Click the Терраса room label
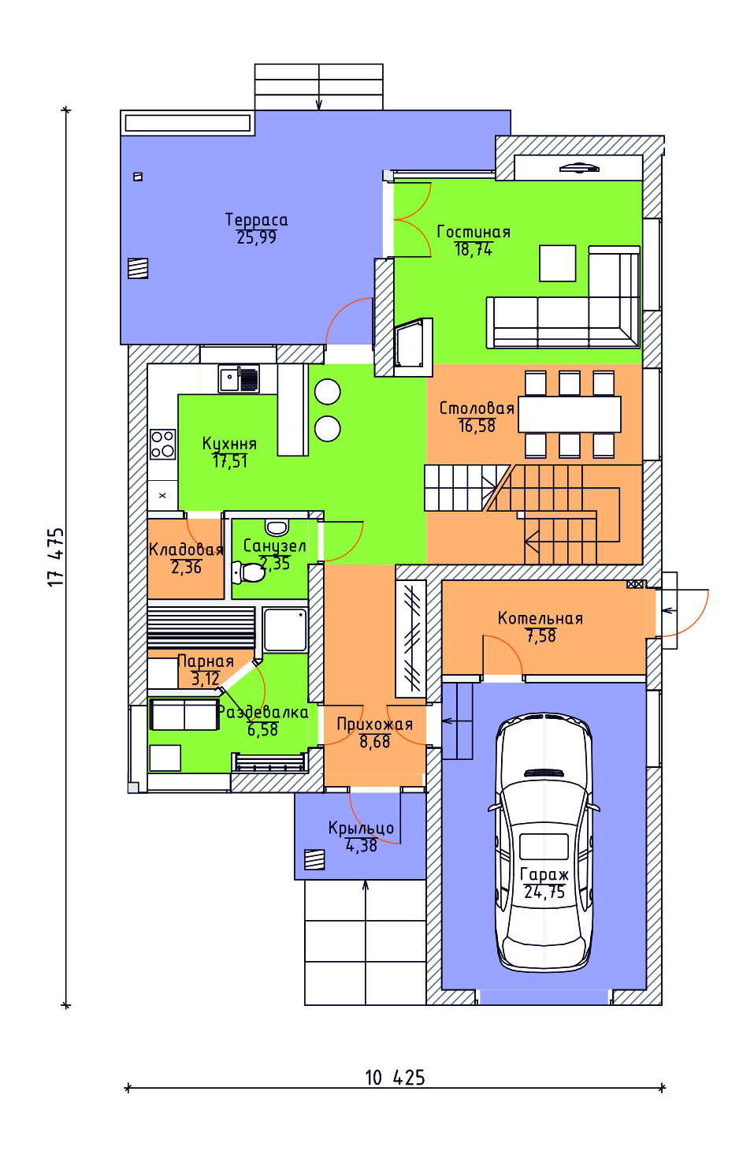(256, 220)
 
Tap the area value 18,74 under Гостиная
(473, 250)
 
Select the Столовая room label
(477, 408)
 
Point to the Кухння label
(229, 444)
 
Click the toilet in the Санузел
(248, 572)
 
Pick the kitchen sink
(238, 378)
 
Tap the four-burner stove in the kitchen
(163, 444)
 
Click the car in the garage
(544, 843)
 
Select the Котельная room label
(540, 618)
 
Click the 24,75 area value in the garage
(544, 892)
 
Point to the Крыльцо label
(361, 829)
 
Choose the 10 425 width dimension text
(395, 1078)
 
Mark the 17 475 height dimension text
(56, 557)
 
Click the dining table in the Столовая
(569, 414)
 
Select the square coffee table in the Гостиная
(557, 263)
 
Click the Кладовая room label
(186, 550)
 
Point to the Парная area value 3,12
(206, 680)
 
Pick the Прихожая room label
(375, 724)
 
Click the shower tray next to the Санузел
(285, 630)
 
